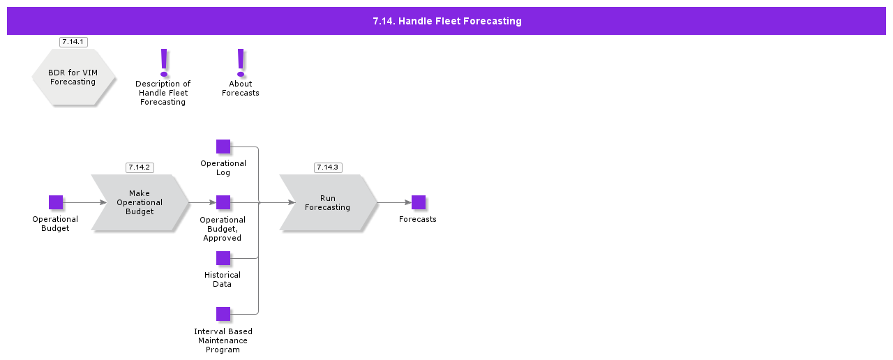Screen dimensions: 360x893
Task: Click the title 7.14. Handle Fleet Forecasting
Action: (x=446, y=21)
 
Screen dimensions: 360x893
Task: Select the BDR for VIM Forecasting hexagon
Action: (x=73, y=77)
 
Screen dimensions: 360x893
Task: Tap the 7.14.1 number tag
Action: (x=73, y=42)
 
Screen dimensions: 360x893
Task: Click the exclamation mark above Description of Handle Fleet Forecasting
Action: (x=164, y=62)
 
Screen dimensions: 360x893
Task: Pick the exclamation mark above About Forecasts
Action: (x=241, y=62)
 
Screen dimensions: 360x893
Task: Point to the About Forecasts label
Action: (x=241, y=89)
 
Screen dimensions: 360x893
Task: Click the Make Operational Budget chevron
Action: (x=140, y=202)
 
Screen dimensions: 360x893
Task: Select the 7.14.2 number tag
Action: (x=140, y=167)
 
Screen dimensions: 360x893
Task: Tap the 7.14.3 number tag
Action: (x=328, y=167)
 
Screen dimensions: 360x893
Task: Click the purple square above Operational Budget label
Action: (x=56, y=202)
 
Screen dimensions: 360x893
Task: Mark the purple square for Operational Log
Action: (x=223, y=147)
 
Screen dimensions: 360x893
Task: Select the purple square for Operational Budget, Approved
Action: (x=223, y=202)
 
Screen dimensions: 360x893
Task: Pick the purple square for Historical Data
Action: (x=223, y=258)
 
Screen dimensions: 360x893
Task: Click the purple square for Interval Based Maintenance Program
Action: (x=223, y=314)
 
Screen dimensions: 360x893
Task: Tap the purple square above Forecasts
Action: (x=419, y=202)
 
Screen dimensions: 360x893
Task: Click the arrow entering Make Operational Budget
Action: (x=85, y=202)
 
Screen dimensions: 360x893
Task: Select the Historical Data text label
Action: (x=223, y=280)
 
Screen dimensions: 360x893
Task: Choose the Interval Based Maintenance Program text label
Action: (x=223, y=340)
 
